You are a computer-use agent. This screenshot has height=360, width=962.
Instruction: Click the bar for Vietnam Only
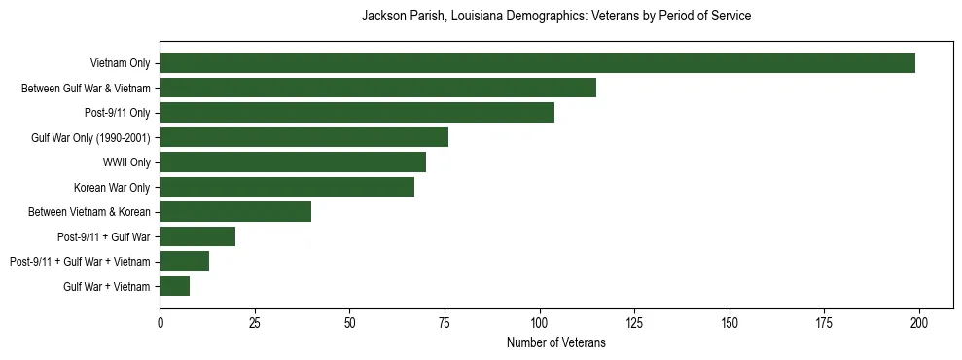537,63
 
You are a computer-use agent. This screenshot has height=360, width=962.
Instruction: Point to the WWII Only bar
293,162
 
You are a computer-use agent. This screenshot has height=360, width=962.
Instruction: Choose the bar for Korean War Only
287,187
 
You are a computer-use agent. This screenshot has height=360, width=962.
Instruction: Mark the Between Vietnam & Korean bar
235,212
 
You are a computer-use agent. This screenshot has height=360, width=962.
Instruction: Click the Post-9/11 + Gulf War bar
197,236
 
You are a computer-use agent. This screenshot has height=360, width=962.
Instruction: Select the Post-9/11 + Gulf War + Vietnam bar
185,262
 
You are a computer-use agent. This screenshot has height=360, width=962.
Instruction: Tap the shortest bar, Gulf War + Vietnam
175,286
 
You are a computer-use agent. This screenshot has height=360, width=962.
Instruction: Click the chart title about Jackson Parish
555,17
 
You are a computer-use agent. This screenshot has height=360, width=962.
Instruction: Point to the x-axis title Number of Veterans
555,342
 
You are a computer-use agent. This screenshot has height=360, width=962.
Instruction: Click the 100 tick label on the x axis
540,322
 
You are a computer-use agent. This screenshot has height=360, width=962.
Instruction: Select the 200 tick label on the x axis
919,322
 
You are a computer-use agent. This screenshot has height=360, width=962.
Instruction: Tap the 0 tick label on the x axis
160,322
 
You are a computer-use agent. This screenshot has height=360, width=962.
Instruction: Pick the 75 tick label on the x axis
445,322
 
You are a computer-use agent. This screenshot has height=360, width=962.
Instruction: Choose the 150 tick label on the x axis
730,322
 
